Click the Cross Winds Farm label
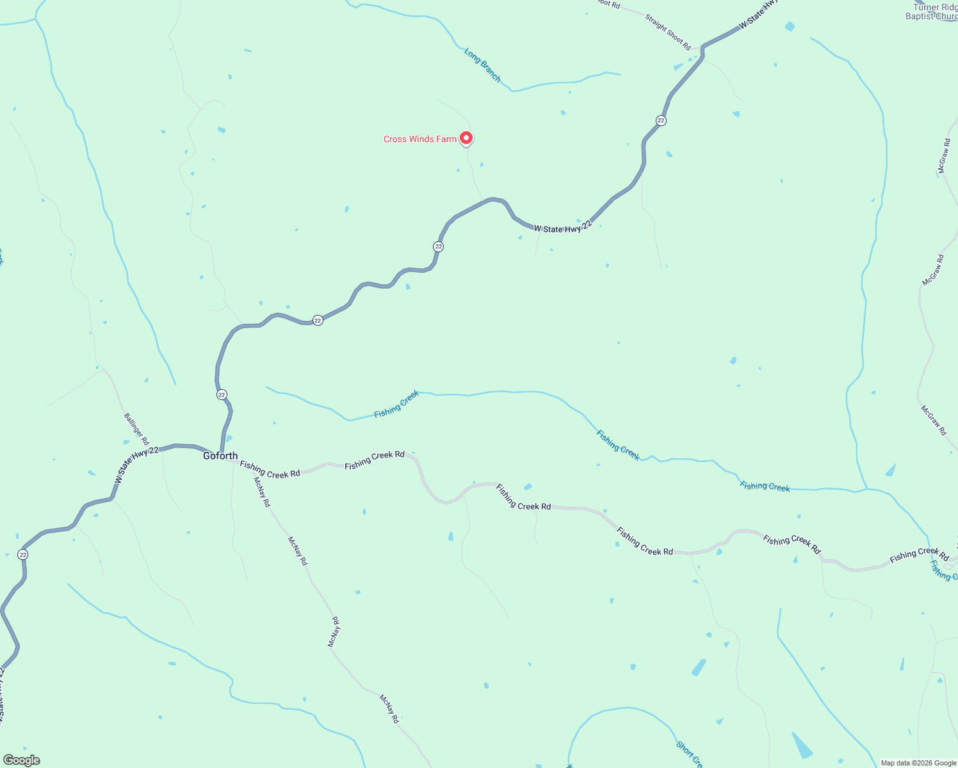pos(419,139)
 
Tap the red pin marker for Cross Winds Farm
pos(467,138)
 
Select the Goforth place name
pos(220,456)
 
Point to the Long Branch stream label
pos(482,65)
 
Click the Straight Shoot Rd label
pos(668,33)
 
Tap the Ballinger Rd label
pos(136,429)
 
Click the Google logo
pos(21,760)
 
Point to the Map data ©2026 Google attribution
pos(918,763)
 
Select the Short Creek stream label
pos(689,754)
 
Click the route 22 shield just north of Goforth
pos(222,395)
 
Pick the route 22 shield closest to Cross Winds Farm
pos(438,246)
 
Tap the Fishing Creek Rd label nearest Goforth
pos(270,470)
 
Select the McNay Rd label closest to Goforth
pos(262,492)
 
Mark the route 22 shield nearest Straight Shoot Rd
pos(661,120)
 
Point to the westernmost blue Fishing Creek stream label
pos(396,404)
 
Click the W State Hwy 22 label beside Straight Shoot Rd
pos(759,15)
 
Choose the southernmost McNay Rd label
pos(389,709)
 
